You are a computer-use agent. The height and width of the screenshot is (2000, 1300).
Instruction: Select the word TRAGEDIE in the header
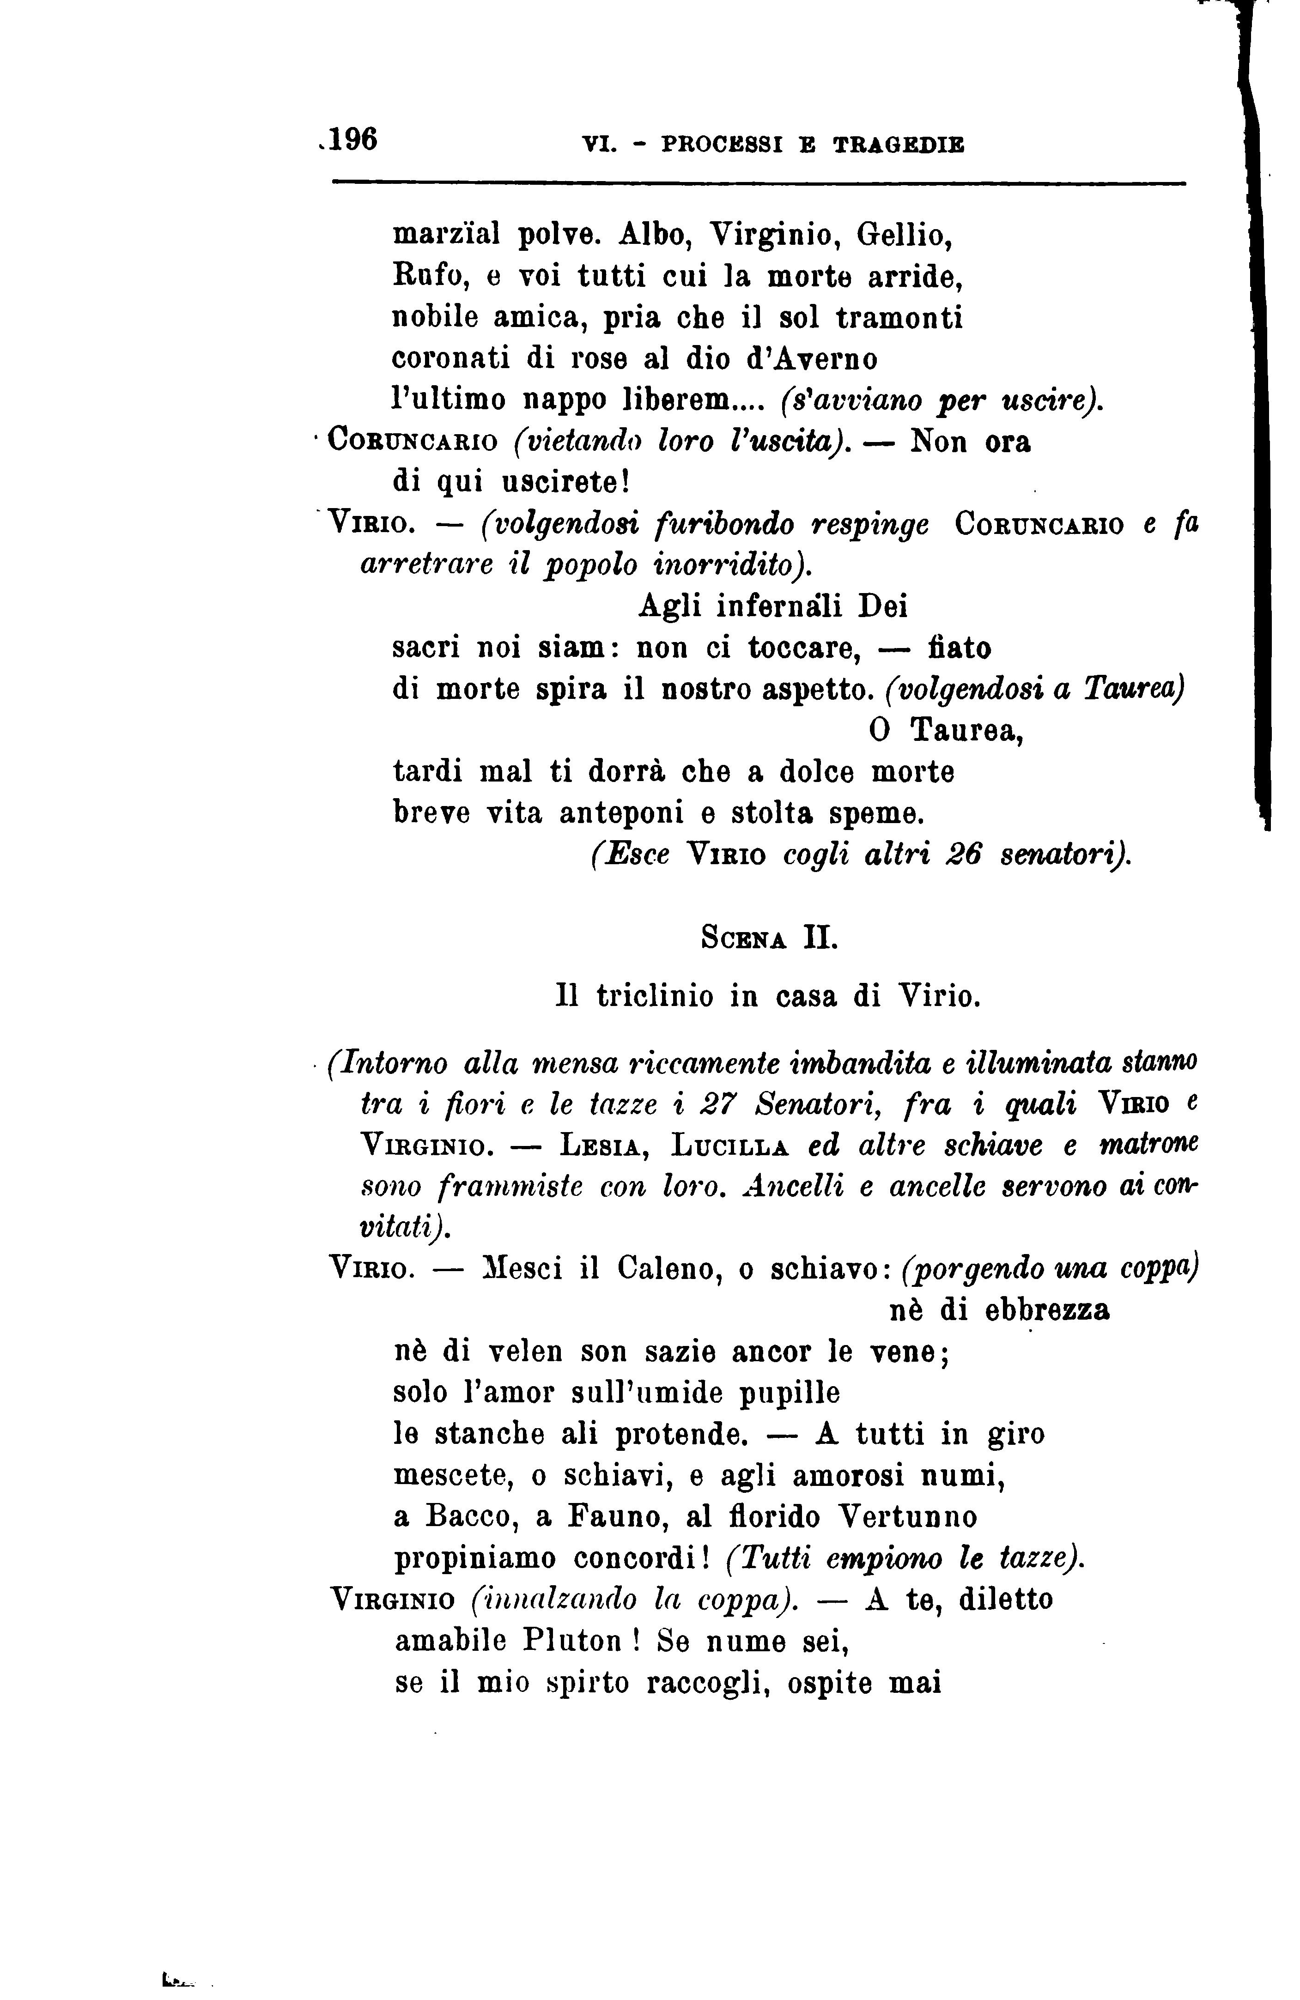(x=899, y=145)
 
